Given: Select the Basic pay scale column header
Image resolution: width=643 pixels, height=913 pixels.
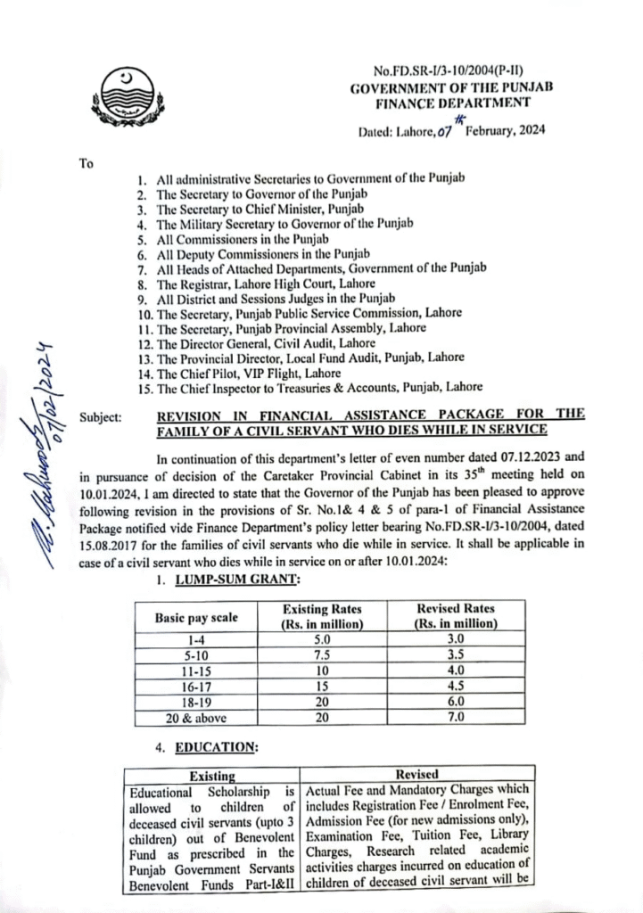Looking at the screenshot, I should pos(196,617).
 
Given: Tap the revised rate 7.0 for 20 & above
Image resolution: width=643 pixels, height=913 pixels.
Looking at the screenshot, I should pos(455,719).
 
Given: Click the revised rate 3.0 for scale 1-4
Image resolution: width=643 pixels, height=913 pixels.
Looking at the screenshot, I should pos(455,639).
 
